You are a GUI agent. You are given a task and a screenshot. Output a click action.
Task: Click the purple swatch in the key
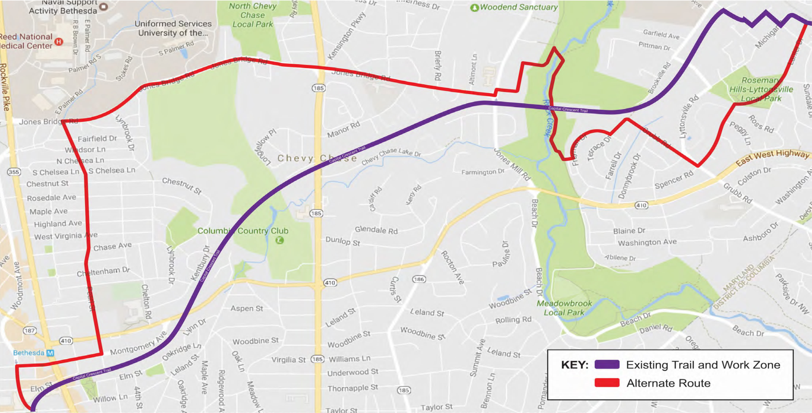pyautogui.click(x=607, y=364)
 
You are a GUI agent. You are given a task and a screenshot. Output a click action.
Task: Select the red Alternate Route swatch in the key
pyautogui.click(x=607, y=383)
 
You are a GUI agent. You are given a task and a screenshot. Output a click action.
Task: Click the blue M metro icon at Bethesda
pyautogui.click(x=50, y=353)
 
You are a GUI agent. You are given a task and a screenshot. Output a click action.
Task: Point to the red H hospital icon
pyautogui.click(x=59, y=41)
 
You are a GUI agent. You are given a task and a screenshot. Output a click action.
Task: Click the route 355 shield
pyautogui.click(x=14, y=172)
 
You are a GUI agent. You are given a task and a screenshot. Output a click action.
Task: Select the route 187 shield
pyautogui.click(x=30, y=330)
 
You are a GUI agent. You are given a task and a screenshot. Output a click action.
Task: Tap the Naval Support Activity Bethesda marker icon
pyautogui.click(x=104, y=6)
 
